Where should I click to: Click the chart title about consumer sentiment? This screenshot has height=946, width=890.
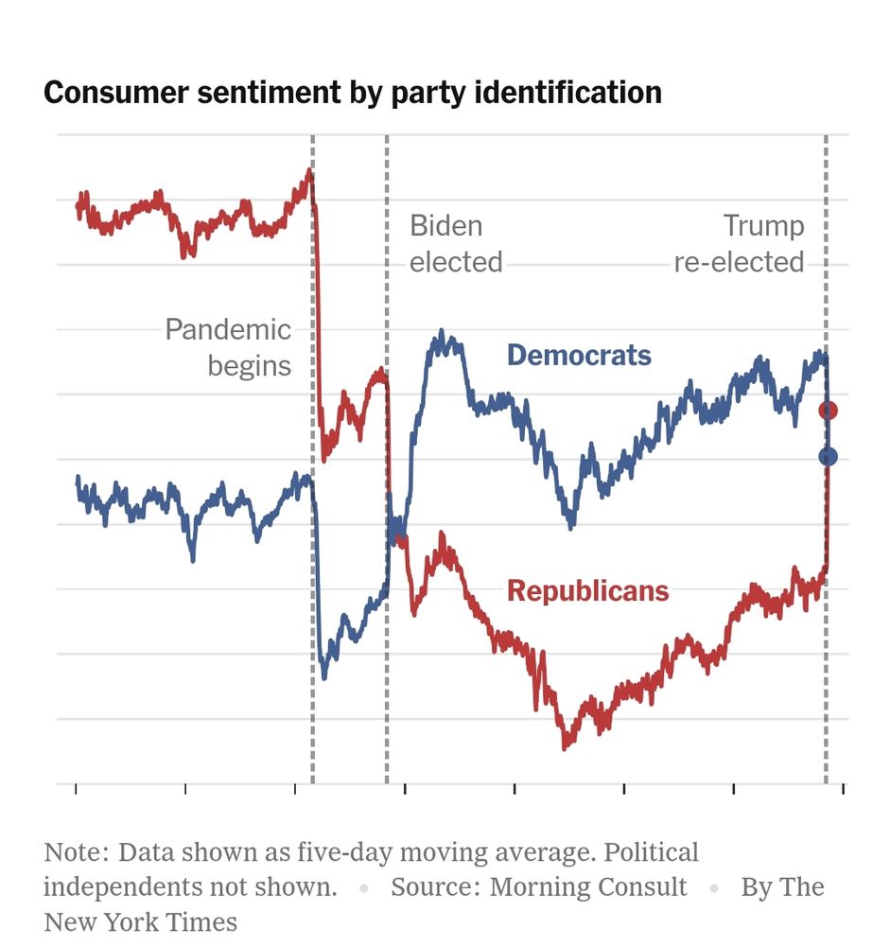(352, 93)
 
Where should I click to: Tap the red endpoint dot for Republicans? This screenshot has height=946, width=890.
(829, 410)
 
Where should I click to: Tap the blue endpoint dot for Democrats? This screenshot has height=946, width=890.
(829, 457)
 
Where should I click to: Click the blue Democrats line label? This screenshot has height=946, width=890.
(579, 356)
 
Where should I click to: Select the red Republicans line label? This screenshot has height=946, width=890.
(587, 591)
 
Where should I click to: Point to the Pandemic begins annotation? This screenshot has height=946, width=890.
(228, 347)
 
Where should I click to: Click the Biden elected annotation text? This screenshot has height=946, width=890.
(455, 244)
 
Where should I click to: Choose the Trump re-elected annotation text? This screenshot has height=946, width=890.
(739, 244)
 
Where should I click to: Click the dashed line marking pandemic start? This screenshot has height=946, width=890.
(313, 568)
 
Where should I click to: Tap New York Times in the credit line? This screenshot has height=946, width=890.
(140, 921)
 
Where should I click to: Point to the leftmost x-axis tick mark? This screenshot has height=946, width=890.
(76, 788)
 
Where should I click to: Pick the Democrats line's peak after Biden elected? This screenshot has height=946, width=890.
(441, 333)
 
